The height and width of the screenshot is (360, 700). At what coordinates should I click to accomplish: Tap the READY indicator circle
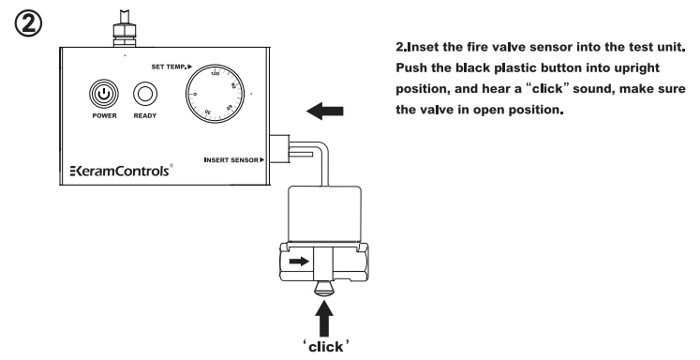point(145,95)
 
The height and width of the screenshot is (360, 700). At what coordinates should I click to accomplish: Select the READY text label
point(145,118)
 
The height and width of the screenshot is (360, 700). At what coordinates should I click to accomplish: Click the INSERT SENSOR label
point(233,160)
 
